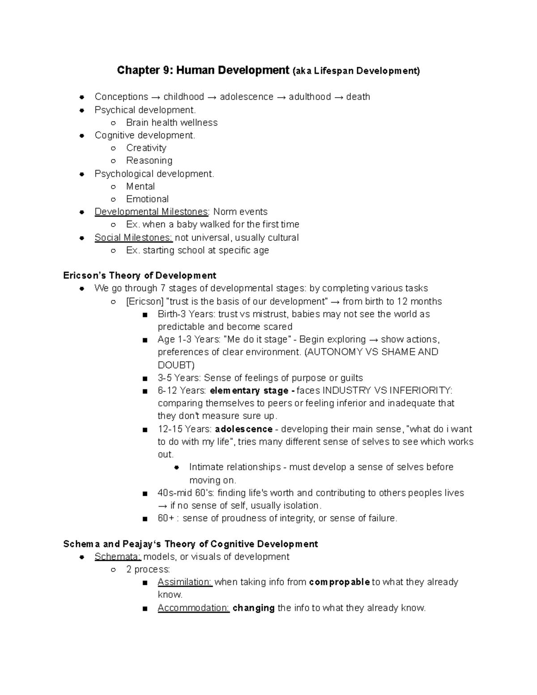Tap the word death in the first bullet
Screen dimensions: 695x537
(x=358, y=97)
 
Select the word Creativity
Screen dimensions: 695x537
(x=146, y=148)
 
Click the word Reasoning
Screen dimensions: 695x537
(x=149, y=160)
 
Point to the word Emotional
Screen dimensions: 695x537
(x=147, y=199)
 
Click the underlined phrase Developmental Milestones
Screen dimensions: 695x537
(x=151, y=212)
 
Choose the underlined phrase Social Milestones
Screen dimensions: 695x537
(x=133, y=237)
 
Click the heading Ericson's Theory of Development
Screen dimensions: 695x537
(x=140, y=275)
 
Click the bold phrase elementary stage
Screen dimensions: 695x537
(x=249, y=390)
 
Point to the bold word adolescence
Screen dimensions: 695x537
(x=243, y=429)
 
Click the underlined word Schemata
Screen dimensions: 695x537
(x=118, y=556)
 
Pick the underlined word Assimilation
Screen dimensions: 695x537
(x=185, y=582)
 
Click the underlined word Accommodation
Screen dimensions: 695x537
(x=193, y=608)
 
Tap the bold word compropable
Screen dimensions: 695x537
(x=339, y=582)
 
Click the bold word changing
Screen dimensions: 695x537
(x=253, y=608)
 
